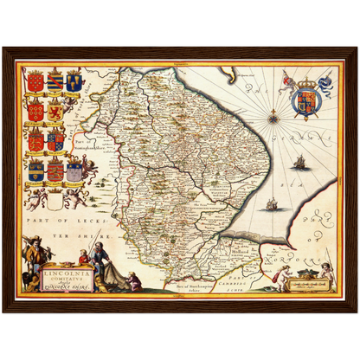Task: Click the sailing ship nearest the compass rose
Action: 299,161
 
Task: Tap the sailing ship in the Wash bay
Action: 272,204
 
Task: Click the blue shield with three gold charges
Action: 74,83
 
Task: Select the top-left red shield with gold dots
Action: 35,83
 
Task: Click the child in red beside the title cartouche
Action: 85,260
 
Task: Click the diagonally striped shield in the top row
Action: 55,83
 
